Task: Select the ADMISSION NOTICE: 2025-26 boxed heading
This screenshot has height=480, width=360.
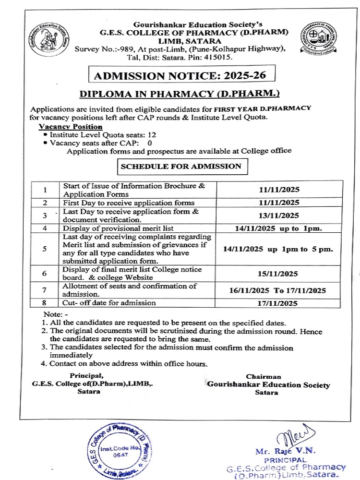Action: pyautogui.click(x=177, y=75)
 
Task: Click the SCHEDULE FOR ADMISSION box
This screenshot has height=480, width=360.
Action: pyautogui.click(x=180, y=167)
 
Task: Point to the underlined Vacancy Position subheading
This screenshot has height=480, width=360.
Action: pyautogui.click(x=70, y=127)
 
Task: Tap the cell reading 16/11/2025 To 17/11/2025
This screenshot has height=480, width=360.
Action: pyautogui.click(x=277, y=290)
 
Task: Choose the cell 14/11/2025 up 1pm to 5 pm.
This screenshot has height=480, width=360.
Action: pyautogui.click(x=278, y=250)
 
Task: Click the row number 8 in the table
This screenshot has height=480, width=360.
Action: pyautogui.click(x=44, y=303)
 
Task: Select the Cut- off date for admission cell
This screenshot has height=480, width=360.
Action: pyautogui.click(x=109, y=303)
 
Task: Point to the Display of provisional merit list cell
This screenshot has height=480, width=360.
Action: pyautogui.click(x=118, y=228)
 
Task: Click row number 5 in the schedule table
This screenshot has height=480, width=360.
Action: pyautogui.click(x=44, y=249)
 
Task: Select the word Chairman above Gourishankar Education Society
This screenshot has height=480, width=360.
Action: pyautogui.click(x=264, y=377)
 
